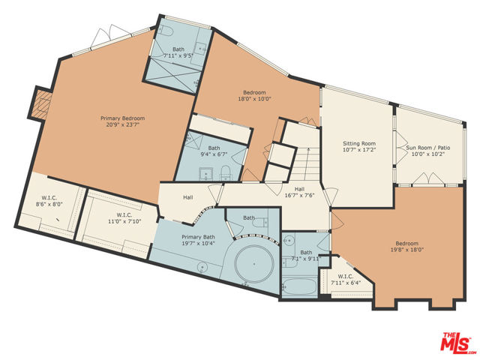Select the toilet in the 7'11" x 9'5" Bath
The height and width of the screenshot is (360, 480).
pos(167,31)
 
